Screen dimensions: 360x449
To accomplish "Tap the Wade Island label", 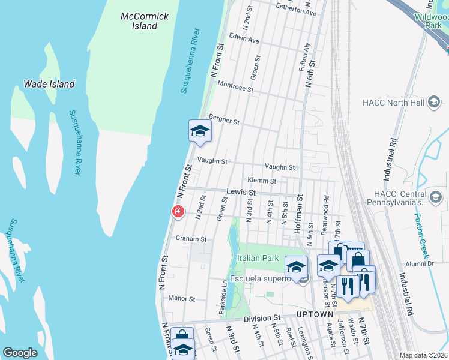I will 49,85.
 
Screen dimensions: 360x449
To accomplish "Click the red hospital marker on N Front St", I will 178,211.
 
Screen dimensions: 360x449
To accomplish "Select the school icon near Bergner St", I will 200,131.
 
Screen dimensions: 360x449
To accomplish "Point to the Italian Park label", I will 259,258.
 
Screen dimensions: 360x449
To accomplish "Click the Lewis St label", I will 241,193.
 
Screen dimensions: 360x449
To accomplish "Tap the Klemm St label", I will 261,181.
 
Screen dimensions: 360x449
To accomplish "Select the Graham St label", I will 191,239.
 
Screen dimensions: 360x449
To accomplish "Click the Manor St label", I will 182,298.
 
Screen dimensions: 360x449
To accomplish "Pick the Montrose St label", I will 236,87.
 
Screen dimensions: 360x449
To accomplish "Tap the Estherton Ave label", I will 295,12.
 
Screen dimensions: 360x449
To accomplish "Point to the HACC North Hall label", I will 393,103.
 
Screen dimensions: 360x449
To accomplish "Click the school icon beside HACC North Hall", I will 433,103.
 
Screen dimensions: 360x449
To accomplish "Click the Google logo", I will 20,353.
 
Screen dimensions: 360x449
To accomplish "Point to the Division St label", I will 262,318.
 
